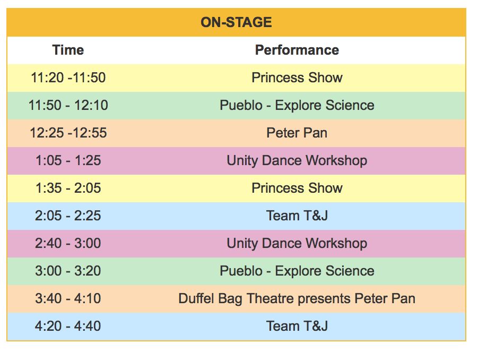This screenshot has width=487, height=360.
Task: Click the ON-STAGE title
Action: tap(236, 22)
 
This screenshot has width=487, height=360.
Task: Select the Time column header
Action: tap(68, 50)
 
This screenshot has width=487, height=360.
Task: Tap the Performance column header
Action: tap(297, 50)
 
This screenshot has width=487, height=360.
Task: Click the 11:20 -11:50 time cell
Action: tap(68, 78)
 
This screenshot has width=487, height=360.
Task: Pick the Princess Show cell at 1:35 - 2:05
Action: tap(297, 188)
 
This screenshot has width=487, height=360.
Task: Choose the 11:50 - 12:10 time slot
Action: tap(68, 105)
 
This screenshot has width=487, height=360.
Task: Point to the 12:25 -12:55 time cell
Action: tap(68, 133)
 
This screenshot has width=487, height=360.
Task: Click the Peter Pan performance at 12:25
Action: tap(297, 133)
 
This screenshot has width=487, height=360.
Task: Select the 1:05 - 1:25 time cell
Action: tap(68, 161)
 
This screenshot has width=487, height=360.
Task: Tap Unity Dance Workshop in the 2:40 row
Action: tap(297, 243)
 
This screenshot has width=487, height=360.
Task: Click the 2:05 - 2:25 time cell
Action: tap(68, 216)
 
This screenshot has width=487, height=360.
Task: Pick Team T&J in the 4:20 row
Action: tap(297, 326)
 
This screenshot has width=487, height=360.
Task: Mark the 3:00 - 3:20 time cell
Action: tap(68, 271)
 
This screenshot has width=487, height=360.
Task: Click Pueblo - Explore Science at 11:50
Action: tap(297, 105)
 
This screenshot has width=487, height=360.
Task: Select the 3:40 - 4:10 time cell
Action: tap(68, 299)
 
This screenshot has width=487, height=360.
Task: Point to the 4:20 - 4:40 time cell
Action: tap(68, 326)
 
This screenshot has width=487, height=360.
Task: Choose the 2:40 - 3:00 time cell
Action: tap(68, 243)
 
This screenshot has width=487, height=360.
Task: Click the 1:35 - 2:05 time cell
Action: tap(68, 188)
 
